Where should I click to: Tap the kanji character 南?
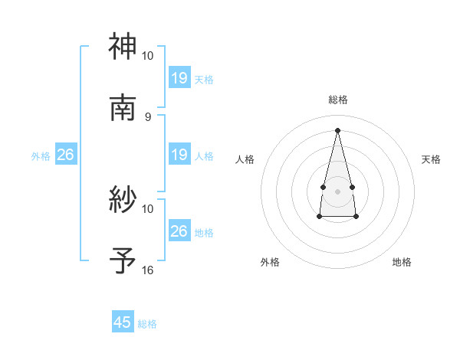click(x=123, y=107)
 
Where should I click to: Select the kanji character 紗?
click(x=123, y=200)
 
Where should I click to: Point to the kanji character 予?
click(x=123, y=260)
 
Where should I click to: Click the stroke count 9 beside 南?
click(x=148, y=116)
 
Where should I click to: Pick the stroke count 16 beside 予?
click(x=148, y=270)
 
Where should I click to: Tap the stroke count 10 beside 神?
click(x=148, y=56)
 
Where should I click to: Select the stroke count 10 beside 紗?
click(x=148, y=208)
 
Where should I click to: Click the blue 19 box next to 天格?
click(x=179, y=78)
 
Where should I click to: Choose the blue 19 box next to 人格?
click(x=179, y=155)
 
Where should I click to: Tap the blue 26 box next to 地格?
click(x=179, y=231)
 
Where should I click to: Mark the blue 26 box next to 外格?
click(x=65, y=155)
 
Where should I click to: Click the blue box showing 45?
click(x=123, y=322)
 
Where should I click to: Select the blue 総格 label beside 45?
click(x=147, y=324)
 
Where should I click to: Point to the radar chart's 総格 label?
click(x=337, y=100)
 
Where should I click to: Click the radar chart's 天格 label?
click(x=432, y=159)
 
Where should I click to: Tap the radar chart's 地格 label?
click(x=402, y=262)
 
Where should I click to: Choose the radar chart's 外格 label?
click(x=270, y=262)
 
